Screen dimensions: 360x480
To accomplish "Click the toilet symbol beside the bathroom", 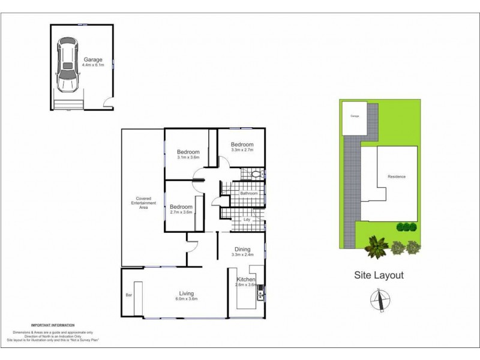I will (256, 175).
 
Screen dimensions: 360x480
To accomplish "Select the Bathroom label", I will (248, 194).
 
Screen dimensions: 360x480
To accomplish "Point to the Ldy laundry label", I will (247, 220).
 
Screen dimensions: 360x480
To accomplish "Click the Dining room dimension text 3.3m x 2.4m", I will (242, 255).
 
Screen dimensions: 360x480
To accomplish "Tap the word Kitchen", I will (247, 280).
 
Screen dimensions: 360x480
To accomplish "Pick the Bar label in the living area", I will (128, 295).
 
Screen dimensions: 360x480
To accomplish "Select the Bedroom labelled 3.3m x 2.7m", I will (242, 148).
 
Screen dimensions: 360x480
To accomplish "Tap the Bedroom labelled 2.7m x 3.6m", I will (180, 209).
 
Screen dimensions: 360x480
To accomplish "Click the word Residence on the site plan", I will (397, 176).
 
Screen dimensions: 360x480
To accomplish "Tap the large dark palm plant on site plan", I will (377, 245).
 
